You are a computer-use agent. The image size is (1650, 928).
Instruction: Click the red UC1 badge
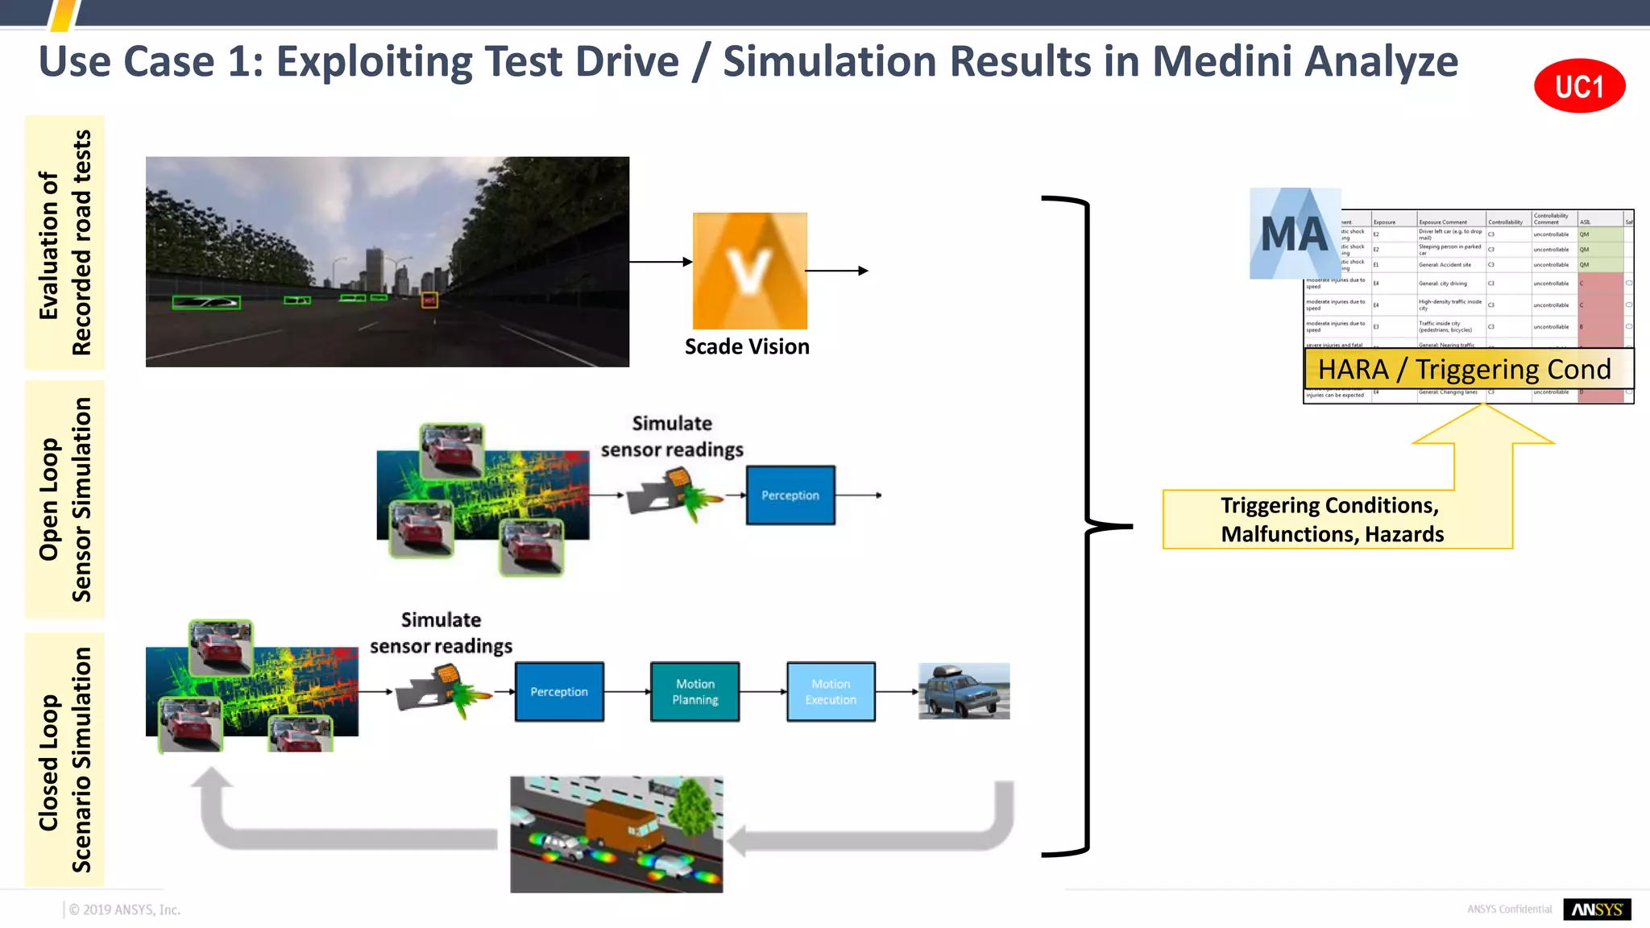(1579, 85)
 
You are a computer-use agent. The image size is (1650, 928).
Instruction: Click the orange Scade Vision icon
(749, 271)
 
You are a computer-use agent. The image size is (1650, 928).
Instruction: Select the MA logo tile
(1295, 234)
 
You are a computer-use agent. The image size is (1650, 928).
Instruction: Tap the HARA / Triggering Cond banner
(1466, 369)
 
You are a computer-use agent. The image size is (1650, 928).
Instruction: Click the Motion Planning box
(694, 691)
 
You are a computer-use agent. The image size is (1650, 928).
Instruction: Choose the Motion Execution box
(831, 691)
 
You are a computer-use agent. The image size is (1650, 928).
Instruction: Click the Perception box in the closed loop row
(559, 691)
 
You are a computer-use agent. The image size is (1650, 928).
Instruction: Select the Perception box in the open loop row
(790, 495)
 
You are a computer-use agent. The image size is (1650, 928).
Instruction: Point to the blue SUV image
(964, 691)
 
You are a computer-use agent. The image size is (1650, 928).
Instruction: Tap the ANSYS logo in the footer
(1597, 909)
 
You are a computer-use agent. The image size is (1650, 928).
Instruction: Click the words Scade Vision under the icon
(747, 346)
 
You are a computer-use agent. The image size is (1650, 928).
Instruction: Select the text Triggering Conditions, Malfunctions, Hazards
(1332, 520)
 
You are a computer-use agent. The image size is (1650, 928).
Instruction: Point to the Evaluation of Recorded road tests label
(64, 242)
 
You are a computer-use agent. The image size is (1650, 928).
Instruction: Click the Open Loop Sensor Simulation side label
(64, 499)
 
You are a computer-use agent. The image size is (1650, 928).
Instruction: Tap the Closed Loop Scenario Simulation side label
(64, 760)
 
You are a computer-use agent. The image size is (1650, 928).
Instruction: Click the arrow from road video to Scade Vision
(661, 262)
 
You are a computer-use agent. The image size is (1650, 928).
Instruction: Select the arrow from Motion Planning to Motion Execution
(763, 691)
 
